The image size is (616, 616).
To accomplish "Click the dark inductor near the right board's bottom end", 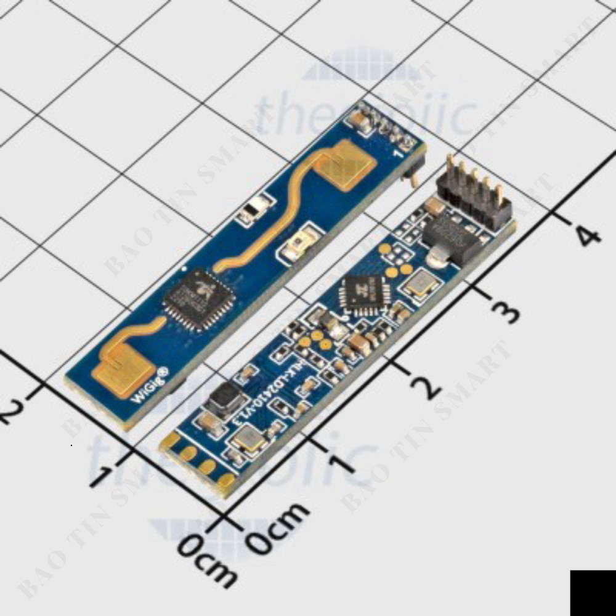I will (x=222, y=399).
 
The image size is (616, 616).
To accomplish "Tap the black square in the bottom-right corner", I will (x=592, y=593).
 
